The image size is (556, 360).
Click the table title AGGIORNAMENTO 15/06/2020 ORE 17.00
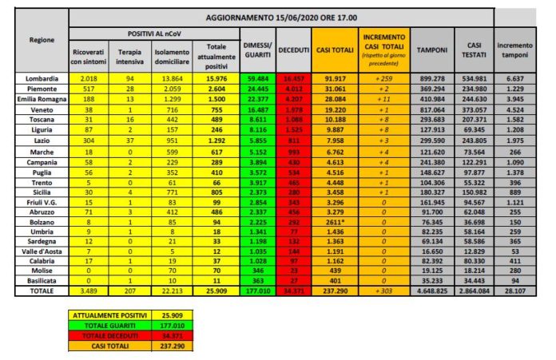click(x=280, y=17)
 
